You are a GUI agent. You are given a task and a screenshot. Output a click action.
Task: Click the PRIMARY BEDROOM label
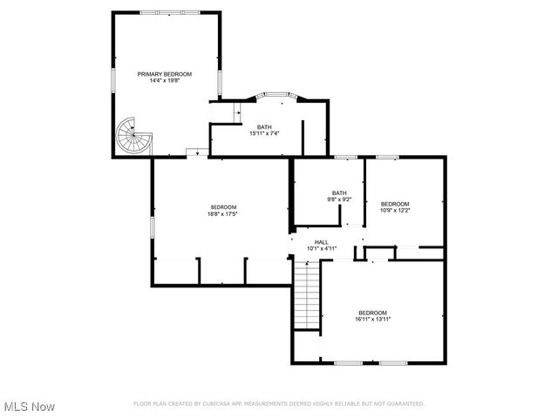165,74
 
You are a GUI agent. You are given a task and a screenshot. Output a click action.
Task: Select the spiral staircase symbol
133,137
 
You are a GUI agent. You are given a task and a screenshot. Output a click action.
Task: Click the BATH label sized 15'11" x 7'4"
264,127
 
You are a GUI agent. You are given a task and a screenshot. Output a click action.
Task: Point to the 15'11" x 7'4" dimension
264,133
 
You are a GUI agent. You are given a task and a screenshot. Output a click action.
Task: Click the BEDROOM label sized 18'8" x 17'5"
223,206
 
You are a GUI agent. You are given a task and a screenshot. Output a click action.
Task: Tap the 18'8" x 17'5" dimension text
223,213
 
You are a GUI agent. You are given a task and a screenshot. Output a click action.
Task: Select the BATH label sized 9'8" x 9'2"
339,192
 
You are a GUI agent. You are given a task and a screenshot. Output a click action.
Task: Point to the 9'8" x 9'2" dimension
339,199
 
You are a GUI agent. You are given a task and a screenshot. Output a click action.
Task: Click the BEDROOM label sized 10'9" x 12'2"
395,203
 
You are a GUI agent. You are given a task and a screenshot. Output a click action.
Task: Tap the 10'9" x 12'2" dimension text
395,209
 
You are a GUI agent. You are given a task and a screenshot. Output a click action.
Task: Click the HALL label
322,242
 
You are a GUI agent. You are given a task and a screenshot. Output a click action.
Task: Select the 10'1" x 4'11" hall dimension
322,248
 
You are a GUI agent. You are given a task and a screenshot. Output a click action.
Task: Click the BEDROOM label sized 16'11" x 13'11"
372,313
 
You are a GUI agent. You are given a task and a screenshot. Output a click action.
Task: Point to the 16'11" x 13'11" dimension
372,320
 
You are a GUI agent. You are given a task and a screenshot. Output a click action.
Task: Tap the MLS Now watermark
30,407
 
